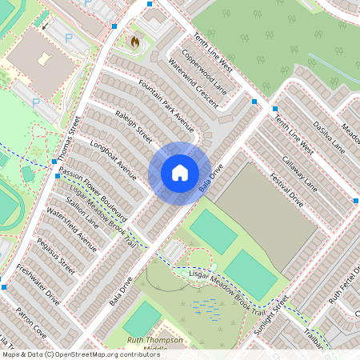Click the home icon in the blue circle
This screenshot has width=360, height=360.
pos(180,173)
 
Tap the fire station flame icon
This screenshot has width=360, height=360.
pos(134,41)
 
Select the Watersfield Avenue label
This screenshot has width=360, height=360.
pos(71,230)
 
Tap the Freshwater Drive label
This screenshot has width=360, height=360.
pos(38,285)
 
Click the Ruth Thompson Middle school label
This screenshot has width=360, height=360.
pos(155,345)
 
